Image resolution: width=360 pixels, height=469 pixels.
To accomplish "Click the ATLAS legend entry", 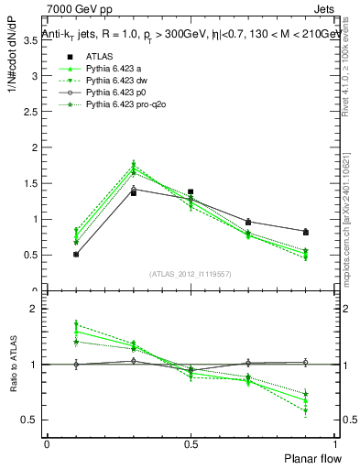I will click(x=99, y=56).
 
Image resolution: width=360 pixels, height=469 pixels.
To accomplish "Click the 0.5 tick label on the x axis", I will click(x=191, y=442).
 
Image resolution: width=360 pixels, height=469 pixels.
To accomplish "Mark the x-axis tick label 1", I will click(x=334, y=442).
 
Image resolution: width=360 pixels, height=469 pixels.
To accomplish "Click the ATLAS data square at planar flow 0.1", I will click(x=75, y=254).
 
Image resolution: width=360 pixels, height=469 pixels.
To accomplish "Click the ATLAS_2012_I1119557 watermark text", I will click(x=190, y=274).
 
